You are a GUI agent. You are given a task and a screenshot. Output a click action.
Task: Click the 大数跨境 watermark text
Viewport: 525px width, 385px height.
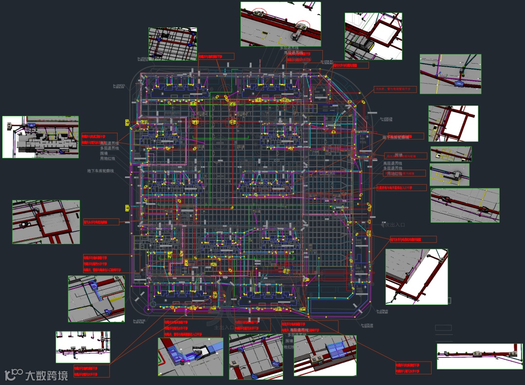tap(47, 375)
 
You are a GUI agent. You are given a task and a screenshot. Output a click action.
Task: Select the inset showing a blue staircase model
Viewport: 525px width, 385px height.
tap(190, 357)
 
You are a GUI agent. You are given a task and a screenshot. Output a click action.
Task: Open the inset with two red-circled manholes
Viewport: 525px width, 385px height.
tap(280, 24)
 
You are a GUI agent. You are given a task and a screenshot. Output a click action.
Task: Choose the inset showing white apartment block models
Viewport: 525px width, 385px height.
tap(40, 137)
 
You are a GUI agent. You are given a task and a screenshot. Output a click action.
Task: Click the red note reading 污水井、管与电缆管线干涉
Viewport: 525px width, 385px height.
tap(395, 89)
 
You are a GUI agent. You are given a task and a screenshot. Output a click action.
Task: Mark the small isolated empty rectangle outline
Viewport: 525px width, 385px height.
tap(443, 328)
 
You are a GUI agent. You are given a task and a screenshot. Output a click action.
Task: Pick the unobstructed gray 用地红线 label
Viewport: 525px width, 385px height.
tap(107, 158)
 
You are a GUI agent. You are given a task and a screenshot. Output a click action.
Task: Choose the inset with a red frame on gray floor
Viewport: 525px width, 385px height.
tap(46, 222)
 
